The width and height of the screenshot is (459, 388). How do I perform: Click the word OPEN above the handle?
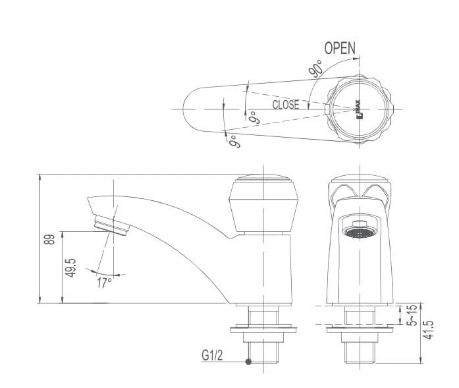pos(339,48)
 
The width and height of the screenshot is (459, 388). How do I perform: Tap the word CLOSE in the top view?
pos(286,105)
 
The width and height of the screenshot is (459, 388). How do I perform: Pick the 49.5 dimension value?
pos(71,267)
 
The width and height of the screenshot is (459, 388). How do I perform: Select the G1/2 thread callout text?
pos(213,356)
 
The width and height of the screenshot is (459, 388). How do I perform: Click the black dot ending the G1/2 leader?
pos(248,362)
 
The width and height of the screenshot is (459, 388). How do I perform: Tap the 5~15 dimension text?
pos(411,316)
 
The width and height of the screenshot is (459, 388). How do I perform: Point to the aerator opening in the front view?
pos(359,231)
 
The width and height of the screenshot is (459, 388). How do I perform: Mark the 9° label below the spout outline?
pos(232,140)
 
